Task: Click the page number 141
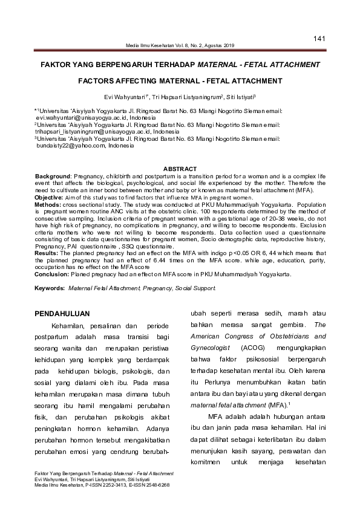click(x=320, y=39)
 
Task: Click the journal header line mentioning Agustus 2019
click(x=179, y=45)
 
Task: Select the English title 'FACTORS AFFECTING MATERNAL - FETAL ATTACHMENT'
click(x=180, y=80)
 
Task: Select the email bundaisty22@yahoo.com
click(x=73, y=146)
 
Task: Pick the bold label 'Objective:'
click(x=48, y=198)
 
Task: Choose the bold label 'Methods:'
click(x=47, y=204)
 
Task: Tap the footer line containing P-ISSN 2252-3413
click(x=102, y=485)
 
